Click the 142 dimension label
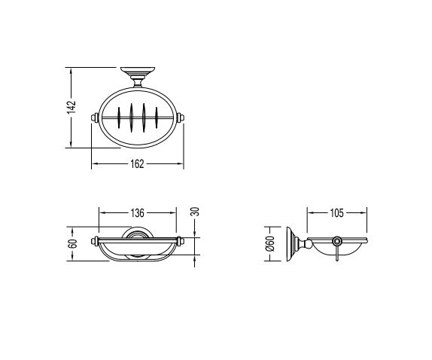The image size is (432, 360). pyautogui.click(x=71, y=107)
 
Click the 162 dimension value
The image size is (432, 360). pyautogui.click(x=137, y=164)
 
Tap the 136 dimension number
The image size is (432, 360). pyautogui.click(x=137, y=213)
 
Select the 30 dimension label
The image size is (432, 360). pyautogui.click(x=195, y=212)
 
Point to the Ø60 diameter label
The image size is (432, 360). pyautogui.click(x=270, y=244)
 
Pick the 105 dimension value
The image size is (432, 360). pyautogui.click(x=336, y=213)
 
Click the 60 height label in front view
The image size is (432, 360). pyautogui.click(x=72, y=244)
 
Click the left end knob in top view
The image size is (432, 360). pyautogui.click(x=95, y=117)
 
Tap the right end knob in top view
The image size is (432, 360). pyautogui.click(x=181, y=117)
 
